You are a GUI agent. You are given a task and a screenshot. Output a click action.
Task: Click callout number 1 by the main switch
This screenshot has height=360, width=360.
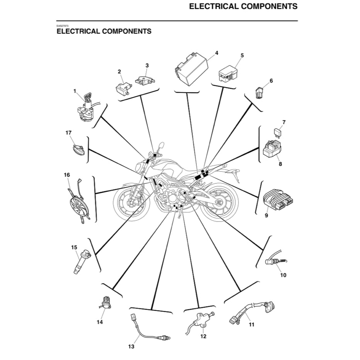(74, 91)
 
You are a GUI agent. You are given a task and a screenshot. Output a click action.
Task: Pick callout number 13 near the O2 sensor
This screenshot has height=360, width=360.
(131, 346)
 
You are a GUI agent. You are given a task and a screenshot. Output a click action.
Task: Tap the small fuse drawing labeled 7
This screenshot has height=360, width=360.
(277, 132)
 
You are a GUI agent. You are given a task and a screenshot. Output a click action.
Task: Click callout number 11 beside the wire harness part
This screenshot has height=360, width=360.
(252, 325)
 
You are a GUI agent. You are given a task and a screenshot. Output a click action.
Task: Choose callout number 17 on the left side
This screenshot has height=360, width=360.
(68, 133)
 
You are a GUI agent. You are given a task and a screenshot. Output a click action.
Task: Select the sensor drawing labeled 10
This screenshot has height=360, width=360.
(275, 262)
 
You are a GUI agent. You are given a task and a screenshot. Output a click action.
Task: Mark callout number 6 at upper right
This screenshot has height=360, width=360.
(271, 81)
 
